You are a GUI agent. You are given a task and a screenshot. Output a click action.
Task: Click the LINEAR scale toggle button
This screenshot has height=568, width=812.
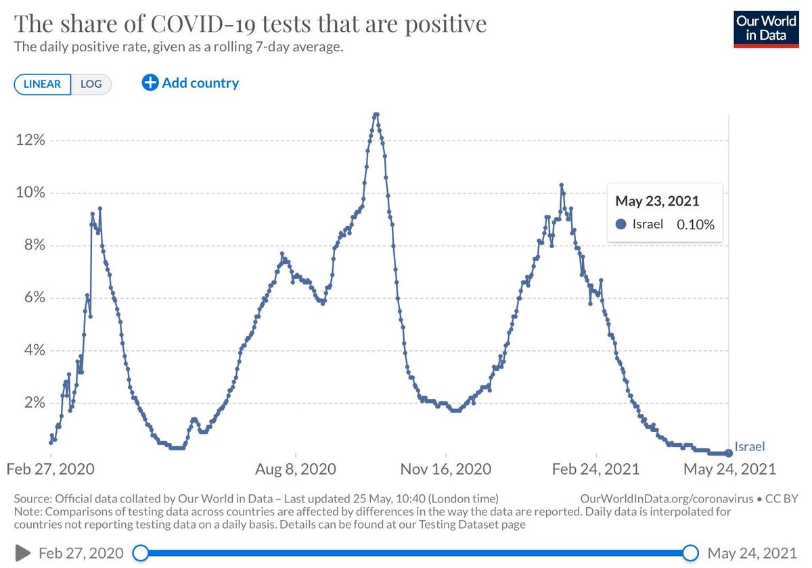(42, 84)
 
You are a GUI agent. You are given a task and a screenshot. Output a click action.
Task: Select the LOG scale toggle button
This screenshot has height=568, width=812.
(91, 84)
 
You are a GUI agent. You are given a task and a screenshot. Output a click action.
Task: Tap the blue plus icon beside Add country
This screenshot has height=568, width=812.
(150, 82)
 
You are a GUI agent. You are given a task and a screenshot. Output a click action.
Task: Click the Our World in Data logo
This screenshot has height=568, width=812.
(766, 28)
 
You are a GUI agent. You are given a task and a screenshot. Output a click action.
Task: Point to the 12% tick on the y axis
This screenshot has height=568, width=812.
(30, 141)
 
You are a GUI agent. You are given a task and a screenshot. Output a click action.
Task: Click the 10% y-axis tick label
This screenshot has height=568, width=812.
(30, 193)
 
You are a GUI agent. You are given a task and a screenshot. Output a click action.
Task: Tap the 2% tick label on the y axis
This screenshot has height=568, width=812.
(33, 403)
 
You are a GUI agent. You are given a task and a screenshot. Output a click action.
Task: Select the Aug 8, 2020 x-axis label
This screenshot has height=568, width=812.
(296, 469)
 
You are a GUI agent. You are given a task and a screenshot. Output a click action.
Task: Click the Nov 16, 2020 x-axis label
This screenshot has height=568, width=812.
(445, 469)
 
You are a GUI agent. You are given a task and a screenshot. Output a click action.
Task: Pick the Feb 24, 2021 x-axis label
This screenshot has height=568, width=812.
(595, 469)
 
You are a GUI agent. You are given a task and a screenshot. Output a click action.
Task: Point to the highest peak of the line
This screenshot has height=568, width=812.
(376, 114)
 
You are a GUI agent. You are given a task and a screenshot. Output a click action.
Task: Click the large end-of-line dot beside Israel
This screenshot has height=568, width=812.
(729, 452)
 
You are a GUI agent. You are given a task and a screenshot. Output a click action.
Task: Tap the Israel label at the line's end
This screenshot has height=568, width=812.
(750, 446)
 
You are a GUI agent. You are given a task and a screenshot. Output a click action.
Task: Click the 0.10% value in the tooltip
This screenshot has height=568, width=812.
(695, 224)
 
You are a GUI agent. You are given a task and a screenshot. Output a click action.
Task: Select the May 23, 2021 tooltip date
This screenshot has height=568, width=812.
(657, 201)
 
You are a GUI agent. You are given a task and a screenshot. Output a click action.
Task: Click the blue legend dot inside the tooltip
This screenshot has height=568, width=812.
(621, 224)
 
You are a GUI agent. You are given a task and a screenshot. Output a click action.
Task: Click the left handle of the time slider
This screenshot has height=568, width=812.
(140, 553)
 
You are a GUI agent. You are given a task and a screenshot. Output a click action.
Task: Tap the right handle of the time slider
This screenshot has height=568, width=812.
(690, 553)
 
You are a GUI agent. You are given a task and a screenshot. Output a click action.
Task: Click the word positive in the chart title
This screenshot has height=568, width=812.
(445, 24)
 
